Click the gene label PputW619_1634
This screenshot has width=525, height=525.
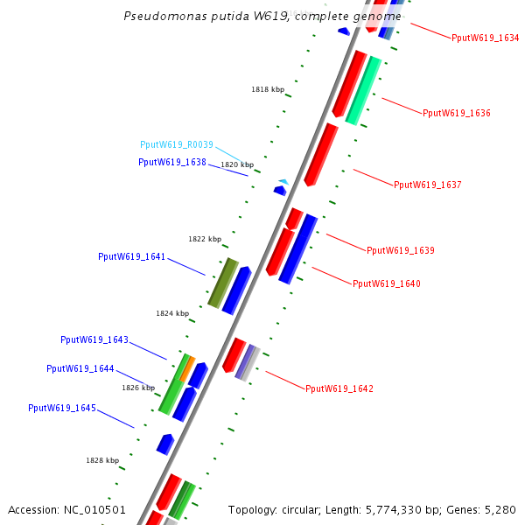tap(485, 38)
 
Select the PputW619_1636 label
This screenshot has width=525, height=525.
tap(456, 114)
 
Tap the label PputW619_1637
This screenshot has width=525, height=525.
tap(427, 185)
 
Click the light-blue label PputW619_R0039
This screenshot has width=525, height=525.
tap(176, 145)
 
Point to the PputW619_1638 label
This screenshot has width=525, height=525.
tap(171, 162)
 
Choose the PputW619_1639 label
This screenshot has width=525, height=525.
tap(400, 251)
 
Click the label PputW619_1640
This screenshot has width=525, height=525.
tap(386, 284)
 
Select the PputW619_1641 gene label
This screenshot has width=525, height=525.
tap(131, 257)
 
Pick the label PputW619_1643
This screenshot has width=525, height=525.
tap(94, 340)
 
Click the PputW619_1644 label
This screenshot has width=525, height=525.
tap(80, 369)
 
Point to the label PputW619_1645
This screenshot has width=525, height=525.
tap(61, 409)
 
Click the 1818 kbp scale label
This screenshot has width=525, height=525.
tap(268, 89)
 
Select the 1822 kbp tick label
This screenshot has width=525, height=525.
tap(205, 239)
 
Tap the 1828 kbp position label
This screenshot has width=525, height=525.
tap(102, 460)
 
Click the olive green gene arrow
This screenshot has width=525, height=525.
tap(223, 283)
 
